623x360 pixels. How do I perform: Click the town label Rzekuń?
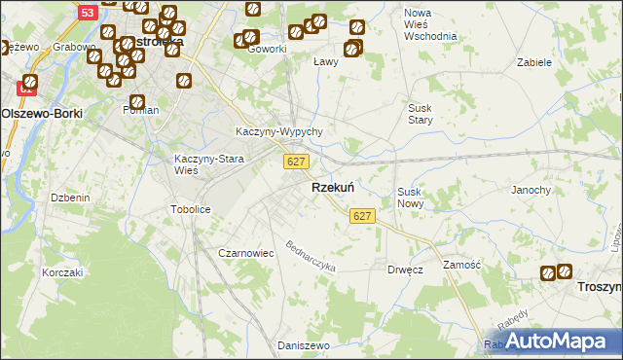click(332, 187)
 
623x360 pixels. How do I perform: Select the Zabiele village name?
click(534, 61)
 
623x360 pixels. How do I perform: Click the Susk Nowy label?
click(409, 198)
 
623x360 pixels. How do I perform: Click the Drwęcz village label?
click(404, 269)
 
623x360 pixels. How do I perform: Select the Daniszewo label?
click(301, 345)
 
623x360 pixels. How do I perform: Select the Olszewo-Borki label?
click(42, 113)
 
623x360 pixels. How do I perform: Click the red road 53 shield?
click(88, 13)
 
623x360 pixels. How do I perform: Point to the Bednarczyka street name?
click(311, 256)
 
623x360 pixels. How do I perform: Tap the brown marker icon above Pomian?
click(137, 101)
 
